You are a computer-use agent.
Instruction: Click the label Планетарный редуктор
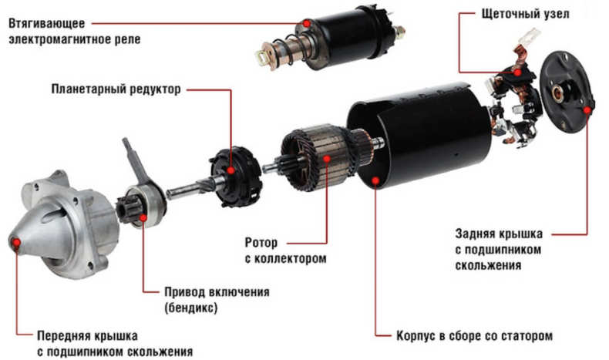(116, 89)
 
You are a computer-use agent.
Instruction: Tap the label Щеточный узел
(526, 15)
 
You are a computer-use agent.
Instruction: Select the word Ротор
(261, 243)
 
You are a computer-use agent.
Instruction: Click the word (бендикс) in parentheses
(190, 308)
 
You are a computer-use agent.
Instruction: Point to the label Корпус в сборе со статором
(474, 336)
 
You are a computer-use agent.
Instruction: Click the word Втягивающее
(46, 23)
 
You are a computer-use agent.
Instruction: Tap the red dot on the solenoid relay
(307, 24)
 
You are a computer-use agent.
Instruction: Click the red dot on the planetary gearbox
(231, 170)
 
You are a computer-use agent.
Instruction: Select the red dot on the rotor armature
(327, 159)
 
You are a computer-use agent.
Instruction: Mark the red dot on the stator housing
(375, 180)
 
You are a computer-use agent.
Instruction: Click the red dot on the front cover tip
(16, 243)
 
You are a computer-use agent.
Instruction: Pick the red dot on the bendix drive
(143, 218)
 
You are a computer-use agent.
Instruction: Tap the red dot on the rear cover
(587, 111)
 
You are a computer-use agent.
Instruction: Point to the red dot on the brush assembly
(517, 72)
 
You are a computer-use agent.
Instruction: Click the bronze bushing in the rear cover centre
(559, 93)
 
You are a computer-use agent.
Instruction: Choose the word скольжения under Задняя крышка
(488, 266)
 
